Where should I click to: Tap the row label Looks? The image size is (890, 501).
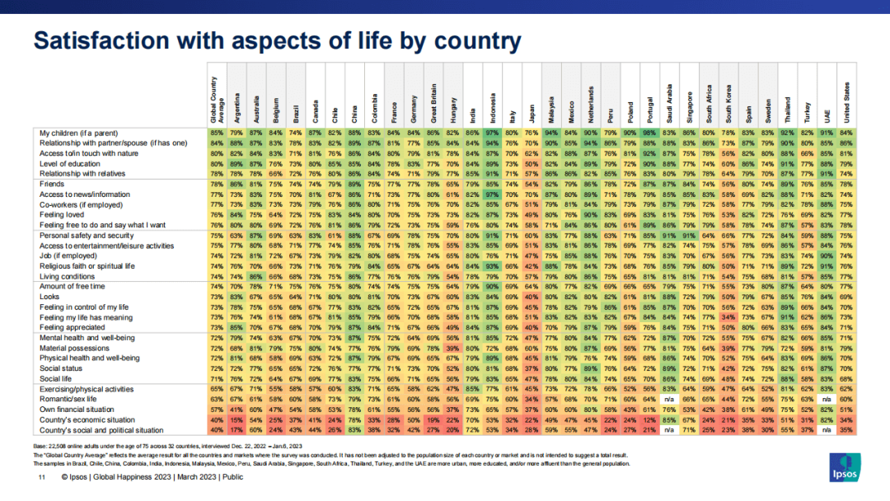(x=50, y=297)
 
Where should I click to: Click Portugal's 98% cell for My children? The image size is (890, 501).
(x=649, y=132)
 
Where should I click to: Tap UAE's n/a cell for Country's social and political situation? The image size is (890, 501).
(x=827, y=429)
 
